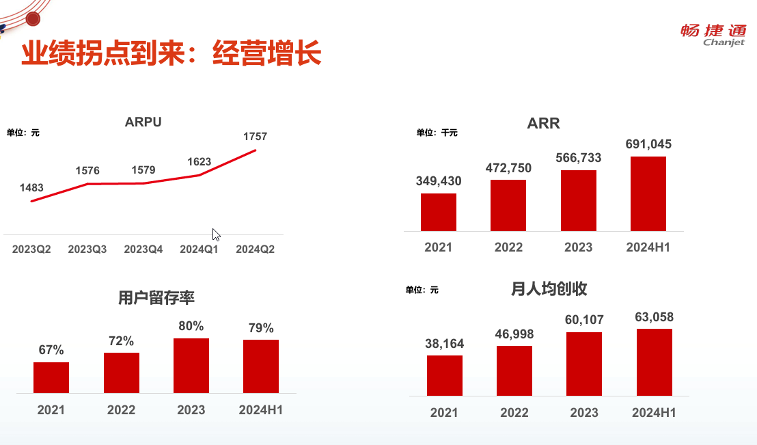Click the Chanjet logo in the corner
713,35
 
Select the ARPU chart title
143,122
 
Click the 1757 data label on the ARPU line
255,137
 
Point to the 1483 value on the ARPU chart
31,187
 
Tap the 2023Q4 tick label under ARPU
143,250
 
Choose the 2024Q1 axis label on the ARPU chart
199,250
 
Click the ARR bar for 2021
439,212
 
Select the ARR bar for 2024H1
648,193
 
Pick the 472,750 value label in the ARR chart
508,168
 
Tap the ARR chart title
543,124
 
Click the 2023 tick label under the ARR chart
578,247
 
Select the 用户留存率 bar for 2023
191,365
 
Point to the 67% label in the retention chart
51,351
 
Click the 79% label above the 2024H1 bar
260,328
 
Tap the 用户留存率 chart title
156,298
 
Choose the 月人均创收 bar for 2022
514,370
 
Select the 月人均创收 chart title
549,289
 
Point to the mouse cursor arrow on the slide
216,234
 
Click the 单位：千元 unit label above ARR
437,133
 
